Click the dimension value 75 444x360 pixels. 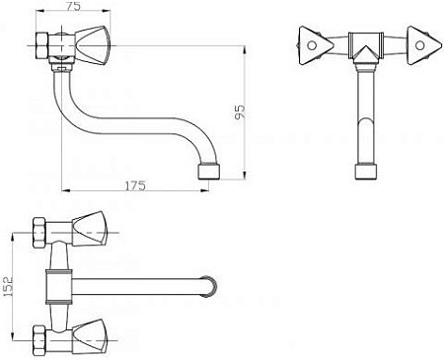point(73,7)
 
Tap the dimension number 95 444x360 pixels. point(241,112)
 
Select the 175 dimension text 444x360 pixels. point(135,185)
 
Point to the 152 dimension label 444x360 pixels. point(8,286)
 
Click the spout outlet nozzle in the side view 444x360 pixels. point(209,172)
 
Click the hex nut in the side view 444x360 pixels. point(41,45)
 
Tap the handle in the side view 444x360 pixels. point(93,45)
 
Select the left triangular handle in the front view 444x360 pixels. point(316,45)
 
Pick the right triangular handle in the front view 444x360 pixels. point(423,45)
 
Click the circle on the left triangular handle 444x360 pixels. point(312,45)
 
